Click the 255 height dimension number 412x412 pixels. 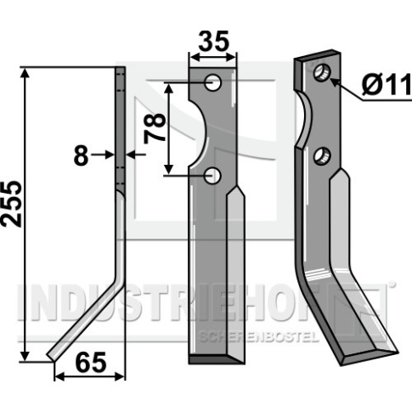point(11,205)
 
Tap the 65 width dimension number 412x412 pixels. point(92,363)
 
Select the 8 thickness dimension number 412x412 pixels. point(82,155)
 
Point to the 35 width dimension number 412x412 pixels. point(213,41)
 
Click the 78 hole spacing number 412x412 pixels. point(155,128)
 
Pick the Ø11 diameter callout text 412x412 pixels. point(387,84)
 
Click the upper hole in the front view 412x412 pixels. point(212,82)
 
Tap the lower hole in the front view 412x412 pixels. point(212,176)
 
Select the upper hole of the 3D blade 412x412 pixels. point(323,72)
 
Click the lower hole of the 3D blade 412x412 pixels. point(322,156)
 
